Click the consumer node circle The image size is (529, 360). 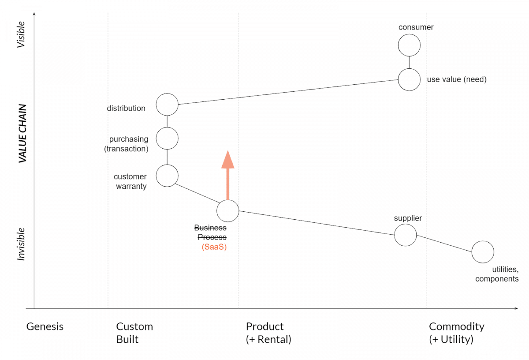tap(409, 45)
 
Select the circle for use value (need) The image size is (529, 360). tap(409, 80)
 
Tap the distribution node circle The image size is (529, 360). tap(167, 105)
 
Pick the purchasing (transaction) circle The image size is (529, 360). tap(167, 139)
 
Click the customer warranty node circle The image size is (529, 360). tap(167, 176)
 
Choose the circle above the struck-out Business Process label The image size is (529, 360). tap(228, 211)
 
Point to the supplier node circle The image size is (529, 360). tap(405, 235)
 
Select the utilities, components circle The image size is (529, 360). tap(483, 252)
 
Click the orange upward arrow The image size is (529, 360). tap(227, 176)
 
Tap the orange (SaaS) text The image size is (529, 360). tap(214, 247)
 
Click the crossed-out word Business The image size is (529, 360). tap(210, 228)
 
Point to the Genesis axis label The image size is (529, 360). tap(45, 327)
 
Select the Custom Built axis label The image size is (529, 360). tap(134, 333)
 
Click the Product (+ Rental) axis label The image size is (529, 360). tap(268, 333)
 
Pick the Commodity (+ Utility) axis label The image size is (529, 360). tap(456, 333)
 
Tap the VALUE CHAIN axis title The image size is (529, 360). tap(23, 134)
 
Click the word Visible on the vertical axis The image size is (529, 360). tap(21, 34)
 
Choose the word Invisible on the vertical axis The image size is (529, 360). tap(21, 244)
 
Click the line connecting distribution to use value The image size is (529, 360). tap(287, 93)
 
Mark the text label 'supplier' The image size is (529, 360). tap(408, 218)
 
